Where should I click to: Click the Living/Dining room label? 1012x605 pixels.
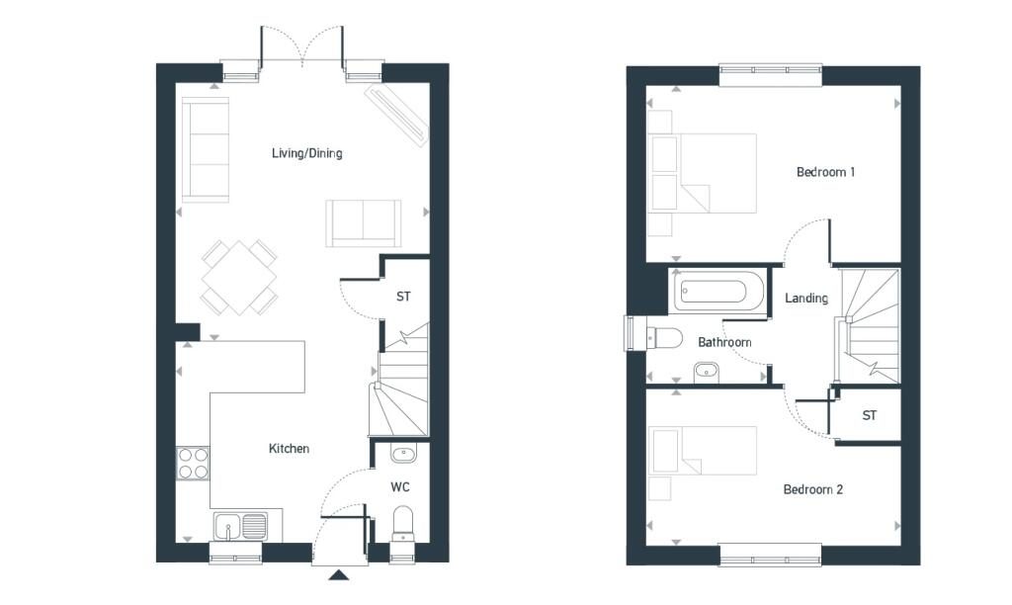(307, 153)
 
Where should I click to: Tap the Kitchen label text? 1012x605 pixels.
(289, 449)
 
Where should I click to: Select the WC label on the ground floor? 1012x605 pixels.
(400, 487)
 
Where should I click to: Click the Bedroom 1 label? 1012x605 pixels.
(825, 172)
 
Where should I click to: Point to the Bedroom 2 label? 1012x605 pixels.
(812, 489)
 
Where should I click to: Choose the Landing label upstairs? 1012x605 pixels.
(805, 299)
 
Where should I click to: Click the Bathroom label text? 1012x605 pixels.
(724, 342)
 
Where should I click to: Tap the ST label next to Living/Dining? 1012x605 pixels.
(403, 297)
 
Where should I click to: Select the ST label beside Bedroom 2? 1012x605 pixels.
(869, 416)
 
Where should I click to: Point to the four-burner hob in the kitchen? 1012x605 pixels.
(194, 464)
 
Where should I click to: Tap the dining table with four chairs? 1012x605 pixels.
(238, 276)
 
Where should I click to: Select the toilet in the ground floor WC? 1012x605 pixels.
(403, 523)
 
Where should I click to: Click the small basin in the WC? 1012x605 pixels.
(403, 454)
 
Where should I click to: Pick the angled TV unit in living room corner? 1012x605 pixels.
(396, 114)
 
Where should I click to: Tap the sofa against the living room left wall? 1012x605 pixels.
(206, 149)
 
